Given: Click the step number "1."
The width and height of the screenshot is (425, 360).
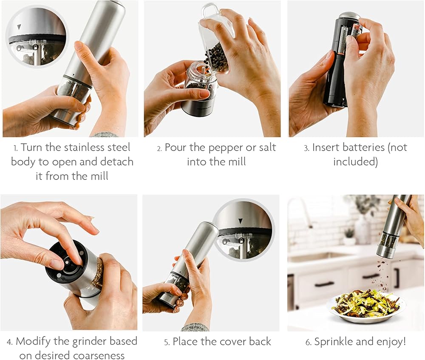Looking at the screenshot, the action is [16, 148].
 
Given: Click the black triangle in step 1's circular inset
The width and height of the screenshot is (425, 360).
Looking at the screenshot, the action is [19, 27].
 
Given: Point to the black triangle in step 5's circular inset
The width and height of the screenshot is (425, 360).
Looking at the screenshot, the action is [241, 221].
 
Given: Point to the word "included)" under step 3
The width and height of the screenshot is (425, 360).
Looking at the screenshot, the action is [355, 162].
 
